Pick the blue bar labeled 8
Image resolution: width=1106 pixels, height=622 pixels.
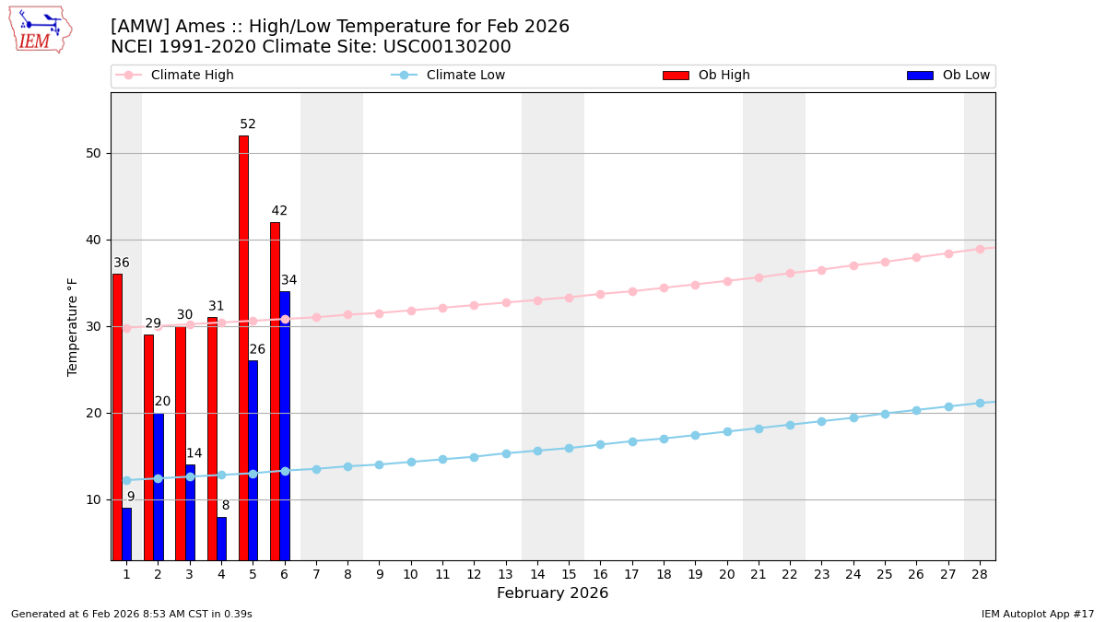pos(221,538)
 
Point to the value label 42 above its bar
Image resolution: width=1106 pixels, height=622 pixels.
pos(279,211)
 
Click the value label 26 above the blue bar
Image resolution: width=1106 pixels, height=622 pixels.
pos(257,350)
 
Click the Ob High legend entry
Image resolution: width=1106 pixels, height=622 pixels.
pos(707,76)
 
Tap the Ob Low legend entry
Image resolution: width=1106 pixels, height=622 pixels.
pos(948,76)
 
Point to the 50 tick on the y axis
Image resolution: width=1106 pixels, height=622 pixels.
pos(93,153)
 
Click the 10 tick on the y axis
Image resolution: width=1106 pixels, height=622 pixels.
pos(93,499)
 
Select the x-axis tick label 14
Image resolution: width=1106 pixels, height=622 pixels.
pos(537,574)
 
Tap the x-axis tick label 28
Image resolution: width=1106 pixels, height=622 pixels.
pos(980,574)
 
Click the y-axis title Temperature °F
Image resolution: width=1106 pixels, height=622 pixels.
pos(73,326)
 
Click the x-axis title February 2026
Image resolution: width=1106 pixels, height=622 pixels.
pos(552,593)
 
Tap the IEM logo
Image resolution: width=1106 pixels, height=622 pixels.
pos(40,29)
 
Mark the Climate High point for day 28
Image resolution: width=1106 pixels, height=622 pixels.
pos(980,249)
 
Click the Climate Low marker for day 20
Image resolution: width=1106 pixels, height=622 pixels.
pos(727,431)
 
